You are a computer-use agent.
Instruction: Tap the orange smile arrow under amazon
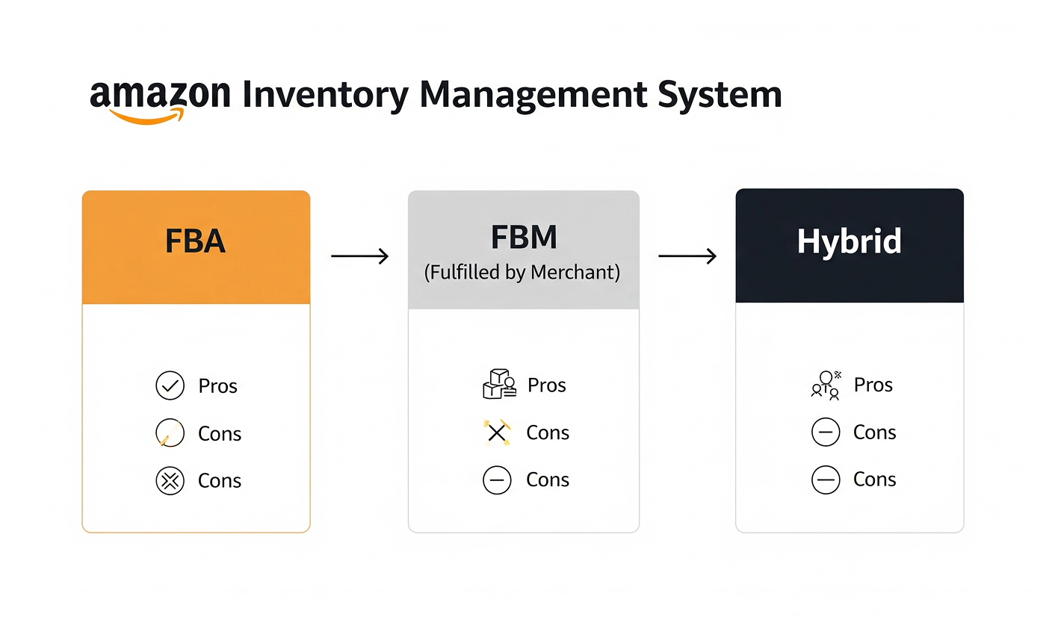(146, 117)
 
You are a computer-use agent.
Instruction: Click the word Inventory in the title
(326, 96)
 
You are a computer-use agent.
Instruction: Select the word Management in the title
(533, 96)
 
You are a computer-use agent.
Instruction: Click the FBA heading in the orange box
(195, 241)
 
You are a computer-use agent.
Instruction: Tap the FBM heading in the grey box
(524, 237)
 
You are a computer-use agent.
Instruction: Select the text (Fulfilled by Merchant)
(522, 272)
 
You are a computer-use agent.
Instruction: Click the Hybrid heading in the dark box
(849, 242)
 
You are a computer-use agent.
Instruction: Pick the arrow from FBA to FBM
(359, 255)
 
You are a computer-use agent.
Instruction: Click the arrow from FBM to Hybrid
(687, 255)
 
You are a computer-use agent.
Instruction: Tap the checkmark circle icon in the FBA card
(170, 385)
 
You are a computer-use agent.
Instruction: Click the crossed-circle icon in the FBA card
(170, 481)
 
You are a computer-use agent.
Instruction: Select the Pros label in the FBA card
(217, 386)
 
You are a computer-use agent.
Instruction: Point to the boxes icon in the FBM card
(499, 384)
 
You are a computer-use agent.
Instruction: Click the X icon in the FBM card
(497, 432)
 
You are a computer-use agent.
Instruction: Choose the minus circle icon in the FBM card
(497, 480)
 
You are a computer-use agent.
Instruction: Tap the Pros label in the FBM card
(546, 385)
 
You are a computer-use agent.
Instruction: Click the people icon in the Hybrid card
(826, 385)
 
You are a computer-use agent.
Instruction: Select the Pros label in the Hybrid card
(873, 385)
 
